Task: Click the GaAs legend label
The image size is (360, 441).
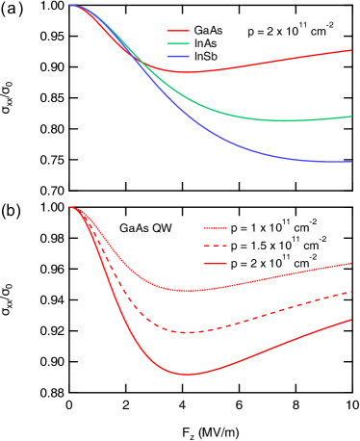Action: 209,31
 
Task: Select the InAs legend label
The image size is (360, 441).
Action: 207,44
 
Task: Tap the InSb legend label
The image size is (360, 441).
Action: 207,57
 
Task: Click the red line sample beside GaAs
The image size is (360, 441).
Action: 178,31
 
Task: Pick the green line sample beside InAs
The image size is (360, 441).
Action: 178,44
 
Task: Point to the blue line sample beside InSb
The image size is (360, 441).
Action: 178,57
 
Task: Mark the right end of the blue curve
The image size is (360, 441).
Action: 351,162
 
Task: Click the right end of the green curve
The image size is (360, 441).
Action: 351,117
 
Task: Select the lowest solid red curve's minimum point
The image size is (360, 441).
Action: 188,374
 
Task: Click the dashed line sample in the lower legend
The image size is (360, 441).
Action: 215,246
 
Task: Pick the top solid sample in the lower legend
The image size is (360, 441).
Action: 215,228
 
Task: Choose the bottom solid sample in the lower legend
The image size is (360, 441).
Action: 215,263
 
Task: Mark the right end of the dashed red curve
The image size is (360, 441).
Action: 351,291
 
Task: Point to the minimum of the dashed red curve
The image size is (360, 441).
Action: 188,332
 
